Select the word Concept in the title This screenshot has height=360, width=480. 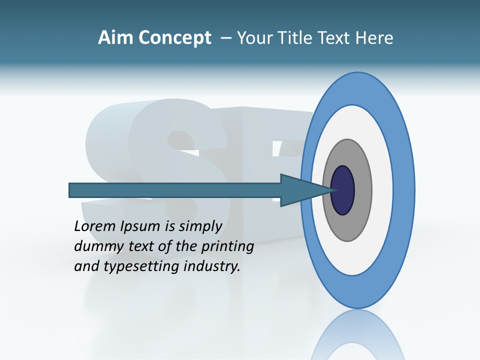pos(175,38)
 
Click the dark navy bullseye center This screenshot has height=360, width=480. pos(342,190)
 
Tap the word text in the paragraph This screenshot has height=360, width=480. pos(143,247)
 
